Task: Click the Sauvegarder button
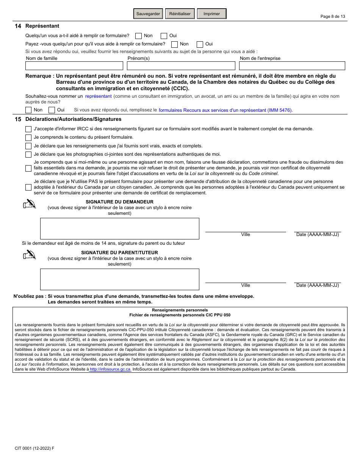(148, 14)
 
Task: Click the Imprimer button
(211, 14)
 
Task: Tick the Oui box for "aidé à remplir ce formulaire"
(164, 36)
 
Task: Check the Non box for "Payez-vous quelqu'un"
(174, 44)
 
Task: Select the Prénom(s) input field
(181, 66)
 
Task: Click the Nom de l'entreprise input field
(292, 66)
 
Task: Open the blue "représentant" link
(99, 96)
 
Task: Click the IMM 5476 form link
(225, 110)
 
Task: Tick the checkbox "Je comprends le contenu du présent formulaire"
(28, 138)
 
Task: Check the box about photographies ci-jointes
(28, 155)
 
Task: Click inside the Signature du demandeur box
(119, 228)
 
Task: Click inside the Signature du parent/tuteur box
(119, 279)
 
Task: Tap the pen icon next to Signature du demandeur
(29, 204)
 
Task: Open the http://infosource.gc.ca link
(111, 369)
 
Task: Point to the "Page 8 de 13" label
(333, 16)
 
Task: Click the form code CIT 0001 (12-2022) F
(34, 448)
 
